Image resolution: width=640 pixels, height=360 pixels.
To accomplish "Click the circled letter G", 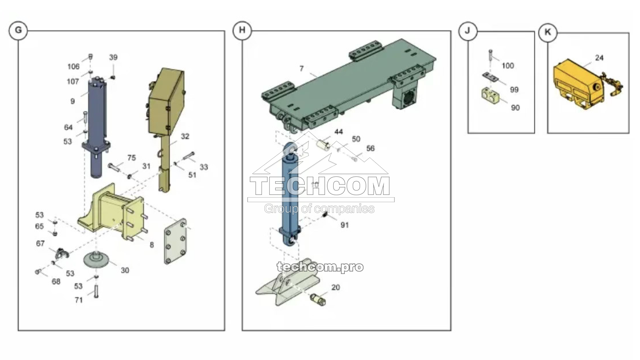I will click(18, 30).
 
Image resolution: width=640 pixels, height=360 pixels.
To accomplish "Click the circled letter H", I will click(242, 30).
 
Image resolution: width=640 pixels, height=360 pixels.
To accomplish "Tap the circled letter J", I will click(468, 31).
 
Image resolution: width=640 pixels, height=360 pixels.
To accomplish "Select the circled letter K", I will click(548, 32).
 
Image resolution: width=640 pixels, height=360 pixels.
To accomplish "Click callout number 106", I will click(73, 67).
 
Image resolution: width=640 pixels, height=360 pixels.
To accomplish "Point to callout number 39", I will click(113, 58).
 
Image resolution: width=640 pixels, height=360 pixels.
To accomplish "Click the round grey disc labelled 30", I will click(97, 260).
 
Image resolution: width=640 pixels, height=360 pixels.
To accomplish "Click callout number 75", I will click(132, 158).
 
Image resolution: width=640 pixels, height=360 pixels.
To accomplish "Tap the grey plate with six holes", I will click(175, 241).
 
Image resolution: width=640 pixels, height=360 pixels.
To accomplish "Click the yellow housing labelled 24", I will click(576, 84).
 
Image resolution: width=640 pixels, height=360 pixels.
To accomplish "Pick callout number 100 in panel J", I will click(508, 66).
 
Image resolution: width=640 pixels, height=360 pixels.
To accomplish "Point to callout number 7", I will click(301, 69).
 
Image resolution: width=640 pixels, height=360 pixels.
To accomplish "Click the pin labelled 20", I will click(318, 299).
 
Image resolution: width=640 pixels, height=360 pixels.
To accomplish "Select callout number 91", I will click(344, 225).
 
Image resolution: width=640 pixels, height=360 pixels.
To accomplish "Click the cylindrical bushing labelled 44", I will click(323, 144).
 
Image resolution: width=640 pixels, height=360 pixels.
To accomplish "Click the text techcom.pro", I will click(320, 267).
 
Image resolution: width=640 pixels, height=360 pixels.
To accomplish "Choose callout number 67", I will click(40, 244).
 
